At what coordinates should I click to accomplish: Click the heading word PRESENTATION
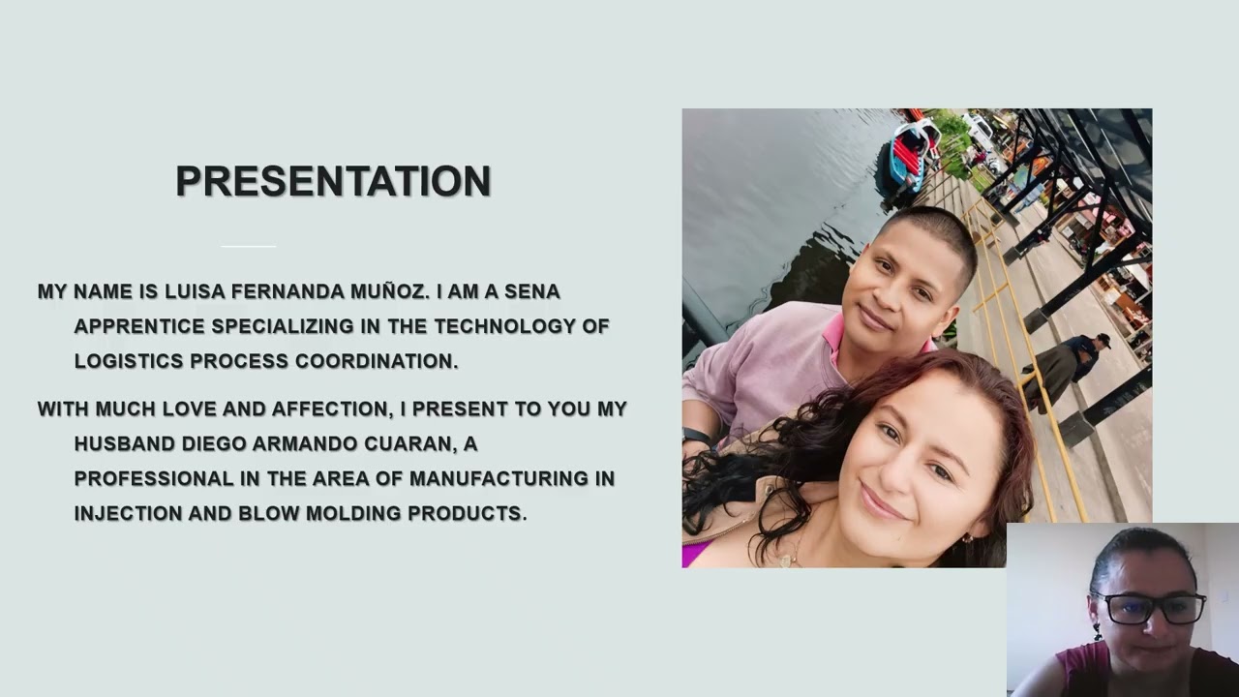tap(333, 182)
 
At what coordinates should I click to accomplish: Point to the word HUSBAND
tap(124, 443)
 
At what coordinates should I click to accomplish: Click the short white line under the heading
tap(249, 246)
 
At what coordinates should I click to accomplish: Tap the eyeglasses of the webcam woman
tap(1150, 609)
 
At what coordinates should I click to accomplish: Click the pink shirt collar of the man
tap(834, 334)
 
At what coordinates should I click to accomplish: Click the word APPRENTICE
tap(138, 326)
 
